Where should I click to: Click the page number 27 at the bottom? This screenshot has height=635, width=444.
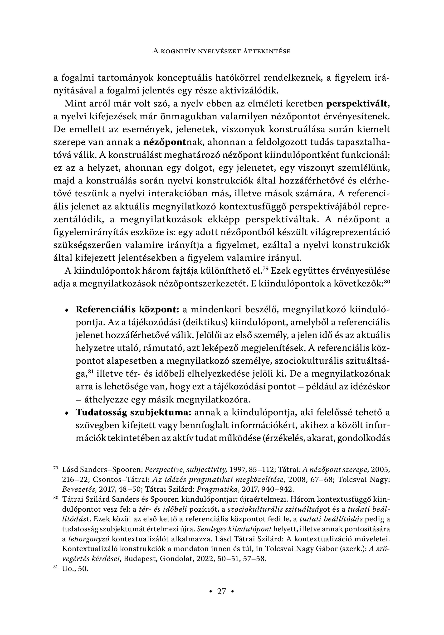222,591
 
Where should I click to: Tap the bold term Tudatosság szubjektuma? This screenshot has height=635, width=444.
134,412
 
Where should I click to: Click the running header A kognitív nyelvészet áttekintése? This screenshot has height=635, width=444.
222,51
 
